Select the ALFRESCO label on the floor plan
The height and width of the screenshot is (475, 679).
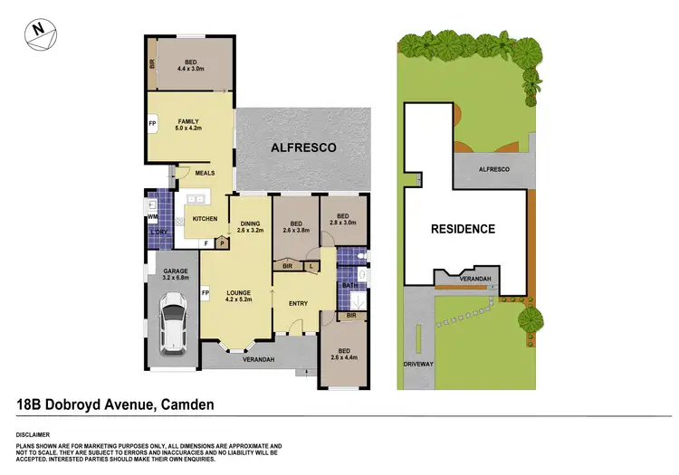tap(303, 147)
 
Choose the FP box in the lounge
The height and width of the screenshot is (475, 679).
tap(206, 293)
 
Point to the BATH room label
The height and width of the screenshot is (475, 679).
tap(349, 286)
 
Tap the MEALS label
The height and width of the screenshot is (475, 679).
tap(205, 175)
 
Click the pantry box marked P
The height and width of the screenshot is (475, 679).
tap(220, 242)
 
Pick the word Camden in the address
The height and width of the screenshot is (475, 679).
tap(186, 404)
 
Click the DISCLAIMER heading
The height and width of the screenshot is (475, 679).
tap(35, 435)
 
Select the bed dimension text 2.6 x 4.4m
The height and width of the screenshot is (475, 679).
tap(343, 357)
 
